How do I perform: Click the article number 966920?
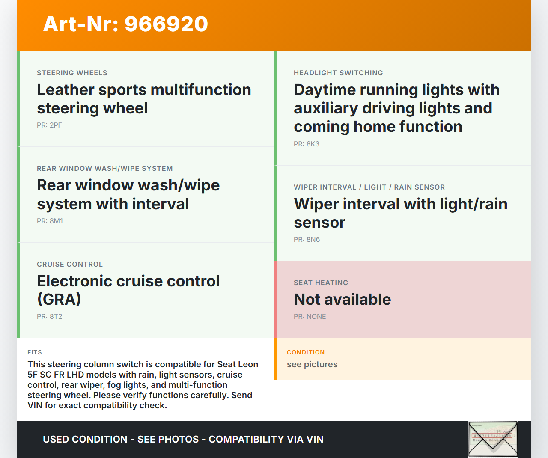tap(166, 24)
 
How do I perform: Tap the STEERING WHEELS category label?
tap(72, 73)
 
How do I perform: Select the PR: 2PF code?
tap(49, 125)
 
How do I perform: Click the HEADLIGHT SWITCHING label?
tap(338, 73)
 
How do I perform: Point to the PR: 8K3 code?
tap(307, 144)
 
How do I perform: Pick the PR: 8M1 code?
tap(50, 221)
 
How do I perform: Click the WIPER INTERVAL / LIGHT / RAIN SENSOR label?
tap(369, 187)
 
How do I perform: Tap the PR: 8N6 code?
tap(307, 239)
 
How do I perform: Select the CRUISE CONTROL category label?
tap(70, 264)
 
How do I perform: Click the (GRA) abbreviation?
tap(59, 299)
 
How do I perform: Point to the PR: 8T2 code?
tap(50, 316)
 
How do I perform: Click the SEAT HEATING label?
tap(321, 283)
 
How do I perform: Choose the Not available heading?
tap(342, 299)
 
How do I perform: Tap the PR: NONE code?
tap(310, 316)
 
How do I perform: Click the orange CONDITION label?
tap(306, 352)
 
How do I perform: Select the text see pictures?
tap(312, 364)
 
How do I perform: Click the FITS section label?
tap(35, 352)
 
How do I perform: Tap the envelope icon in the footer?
tap(493, 439)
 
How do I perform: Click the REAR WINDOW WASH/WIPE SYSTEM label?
tap(105, 168)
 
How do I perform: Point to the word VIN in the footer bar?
tap(315, 439)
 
